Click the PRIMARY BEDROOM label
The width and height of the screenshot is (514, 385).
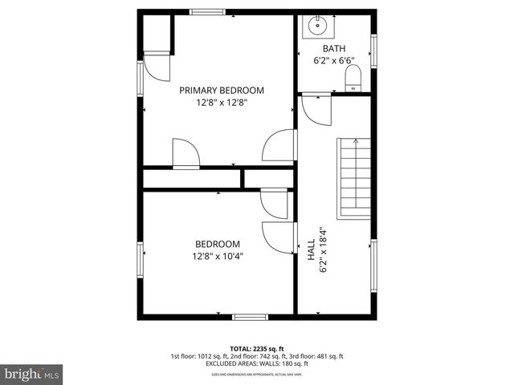221,91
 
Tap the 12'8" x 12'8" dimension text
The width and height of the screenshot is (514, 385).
221,103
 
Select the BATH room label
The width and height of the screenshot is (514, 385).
334,48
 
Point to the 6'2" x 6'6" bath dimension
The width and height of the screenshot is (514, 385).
334,60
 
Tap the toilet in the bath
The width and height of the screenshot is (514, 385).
353,79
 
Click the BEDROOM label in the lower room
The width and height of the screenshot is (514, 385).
217,245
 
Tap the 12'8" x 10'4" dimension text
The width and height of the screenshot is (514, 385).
217,257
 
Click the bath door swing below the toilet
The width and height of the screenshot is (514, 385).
319,108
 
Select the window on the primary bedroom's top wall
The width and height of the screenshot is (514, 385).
207,12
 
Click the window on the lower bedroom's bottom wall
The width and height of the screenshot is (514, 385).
249,318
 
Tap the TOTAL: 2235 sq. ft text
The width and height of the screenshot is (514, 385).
256,348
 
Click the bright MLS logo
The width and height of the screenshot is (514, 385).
32,374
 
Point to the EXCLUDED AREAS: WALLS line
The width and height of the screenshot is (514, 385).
256,364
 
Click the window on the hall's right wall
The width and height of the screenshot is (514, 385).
373,265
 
